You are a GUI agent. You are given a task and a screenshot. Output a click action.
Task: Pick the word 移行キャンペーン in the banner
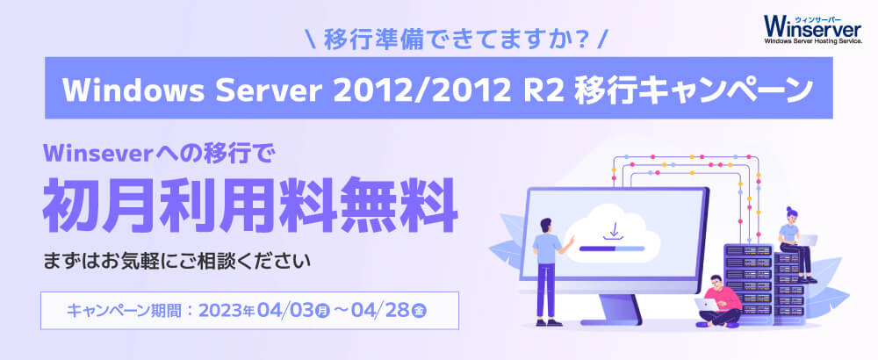click(694, 90)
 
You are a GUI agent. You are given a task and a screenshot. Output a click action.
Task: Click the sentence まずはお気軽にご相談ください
click(177, 262)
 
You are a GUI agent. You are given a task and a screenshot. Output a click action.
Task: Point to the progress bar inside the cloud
click(612, 247)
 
